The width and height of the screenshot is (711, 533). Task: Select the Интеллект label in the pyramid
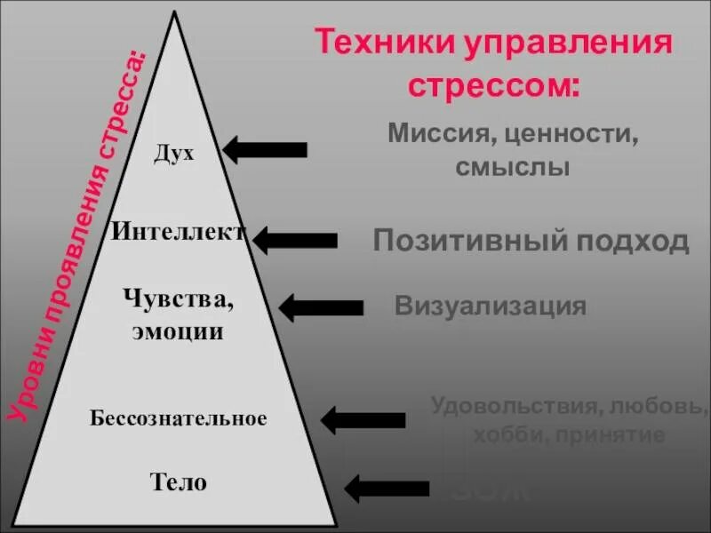click(x=178, y=233)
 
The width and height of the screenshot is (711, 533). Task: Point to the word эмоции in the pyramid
click(x=178, y=333)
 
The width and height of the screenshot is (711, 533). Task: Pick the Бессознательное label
click(x=178, y=418)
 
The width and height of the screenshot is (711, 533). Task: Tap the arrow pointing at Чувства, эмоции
click(x=321, y=307)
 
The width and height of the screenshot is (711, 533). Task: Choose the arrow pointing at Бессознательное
click(x=363, y=418)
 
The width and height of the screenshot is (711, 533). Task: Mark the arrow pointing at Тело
click(x=387, y=488)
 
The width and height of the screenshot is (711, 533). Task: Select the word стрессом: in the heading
click(x=494, y=87)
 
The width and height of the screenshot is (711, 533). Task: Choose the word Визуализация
click(x=491, y=306)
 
